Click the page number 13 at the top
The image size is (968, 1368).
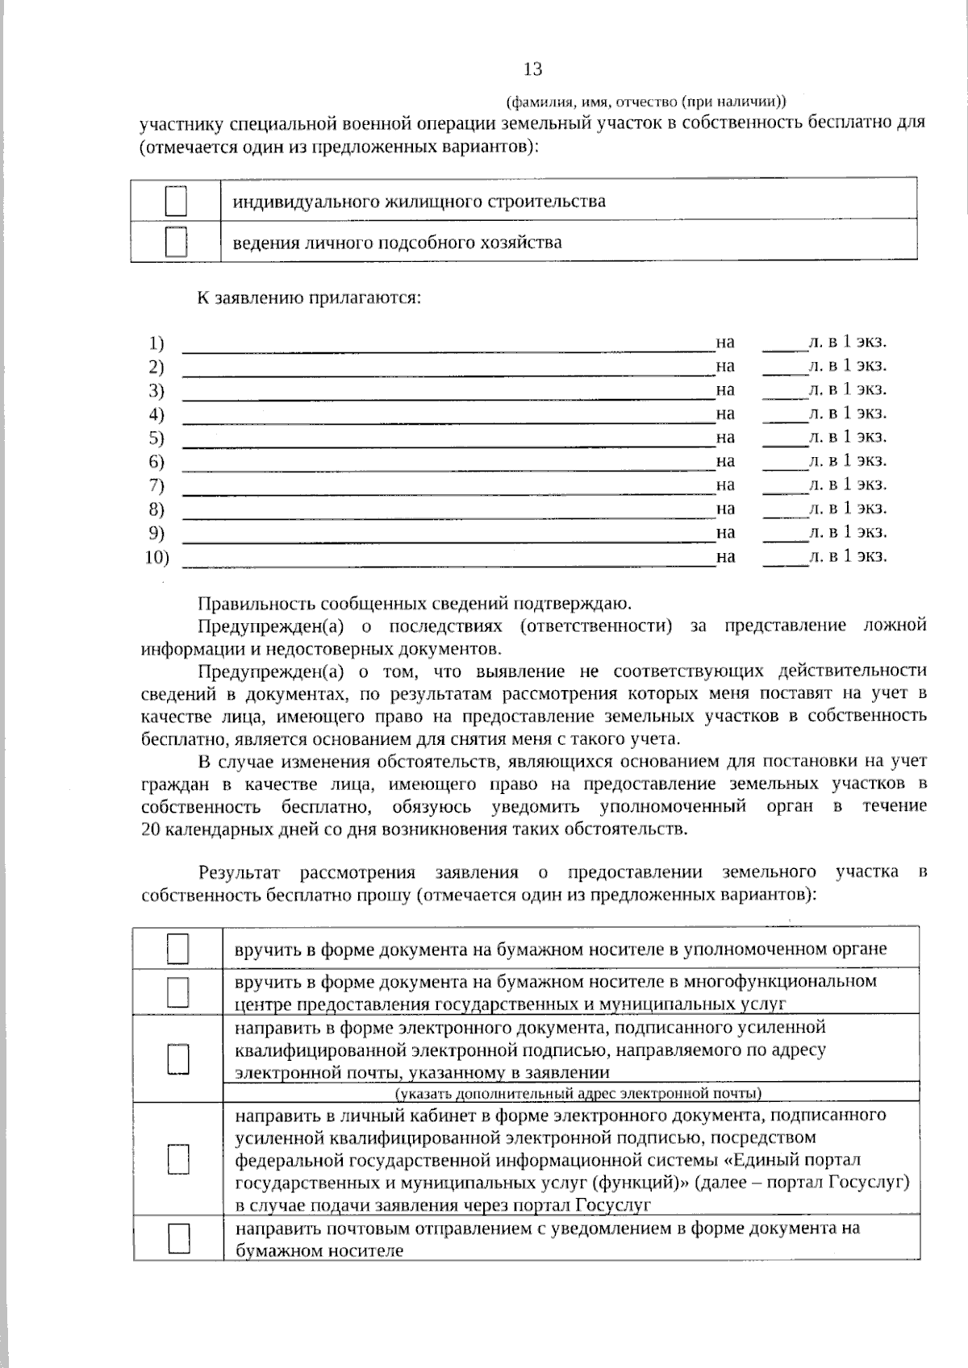(x=532, y=69)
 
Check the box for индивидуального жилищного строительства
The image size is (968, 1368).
(x=176, y=200)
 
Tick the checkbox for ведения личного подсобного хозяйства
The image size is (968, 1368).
(x=176, y=241)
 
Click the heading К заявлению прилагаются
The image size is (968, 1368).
(x=310, y=297)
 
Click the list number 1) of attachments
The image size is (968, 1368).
(x=156, y=343)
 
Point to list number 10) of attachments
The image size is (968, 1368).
(x=157, y=557)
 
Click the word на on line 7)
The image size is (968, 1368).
(x=725, y=484)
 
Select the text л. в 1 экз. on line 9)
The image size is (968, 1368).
(x=848, y=532)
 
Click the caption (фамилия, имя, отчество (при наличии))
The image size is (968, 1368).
(x=645, y=102)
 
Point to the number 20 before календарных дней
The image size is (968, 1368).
(x=150, y=830)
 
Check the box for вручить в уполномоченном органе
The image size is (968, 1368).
(x=178, y=949)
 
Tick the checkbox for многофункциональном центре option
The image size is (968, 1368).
(x=178, y=992)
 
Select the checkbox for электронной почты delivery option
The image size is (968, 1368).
(x=178, y=1058)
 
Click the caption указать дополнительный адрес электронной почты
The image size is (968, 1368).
(x=578, y=1093)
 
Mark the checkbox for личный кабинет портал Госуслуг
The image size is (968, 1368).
(x=178, y=1159)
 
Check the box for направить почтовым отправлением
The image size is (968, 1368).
(x=178, y=1238)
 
